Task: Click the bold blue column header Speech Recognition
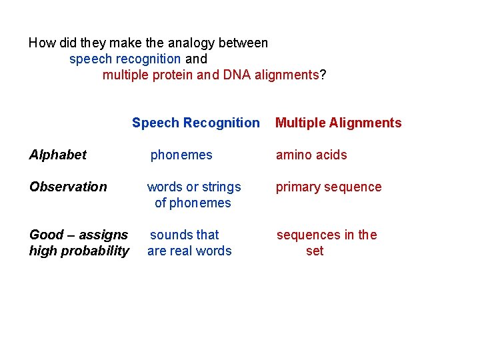pyautogui.click(x=195, y=123)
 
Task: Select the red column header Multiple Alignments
pyautogui.click(x=338, y=123)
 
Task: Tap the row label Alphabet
pyautogui.click(x=58, y=155)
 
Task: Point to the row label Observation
pyautogui.click(x=68, y=187)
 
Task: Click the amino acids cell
pyautogui.click(x=311, y=155)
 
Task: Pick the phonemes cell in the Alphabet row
pyautogui.click(x=181, y=155)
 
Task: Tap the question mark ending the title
pyautogui.click(x=323, y=75)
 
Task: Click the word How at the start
pyautogui.click(x=43, y=43)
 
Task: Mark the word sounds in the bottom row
pyautogui.click(x=168, y=235)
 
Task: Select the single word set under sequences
pyautogui.click(x=315, y=251)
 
